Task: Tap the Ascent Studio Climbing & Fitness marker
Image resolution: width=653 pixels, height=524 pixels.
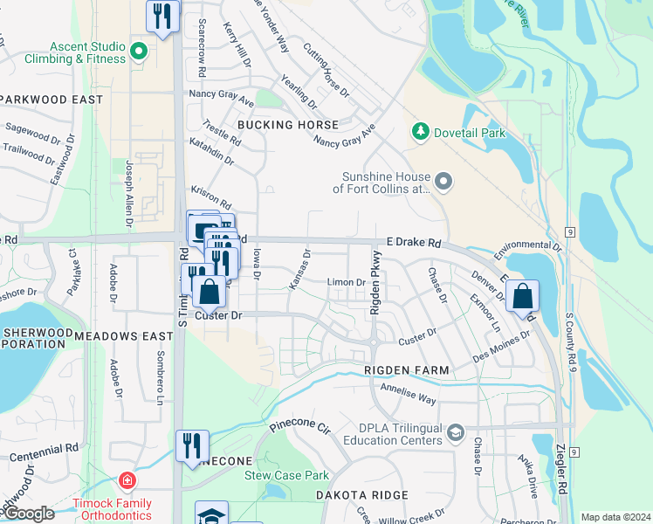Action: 138,52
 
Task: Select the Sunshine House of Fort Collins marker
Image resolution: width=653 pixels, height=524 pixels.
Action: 443,182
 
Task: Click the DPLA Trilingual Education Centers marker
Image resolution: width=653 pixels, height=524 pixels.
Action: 454,433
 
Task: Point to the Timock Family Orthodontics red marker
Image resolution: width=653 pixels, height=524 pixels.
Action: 127,481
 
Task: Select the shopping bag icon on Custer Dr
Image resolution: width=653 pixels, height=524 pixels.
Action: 210,292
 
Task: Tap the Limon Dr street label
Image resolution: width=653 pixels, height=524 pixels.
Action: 346,282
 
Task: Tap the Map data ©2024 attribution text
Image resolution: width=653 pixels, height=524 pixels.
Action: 615,517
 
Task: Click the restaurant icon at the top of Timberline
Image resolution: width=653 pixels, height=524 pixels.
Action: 162,17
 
